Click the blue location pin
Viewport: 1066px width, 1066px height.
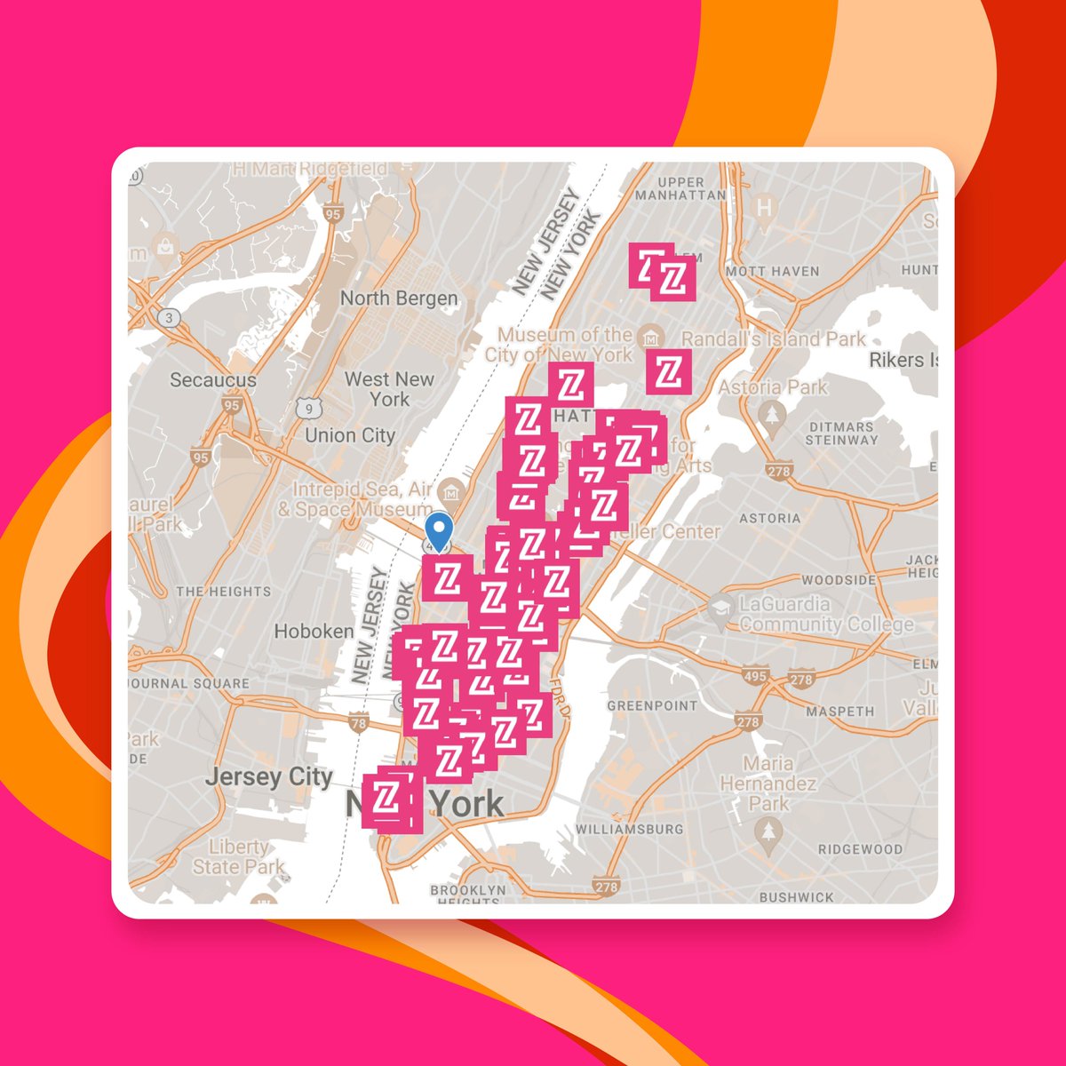click(x=438, y=530)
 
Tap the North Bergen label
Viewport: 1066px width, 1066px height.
click(x=399, y=298)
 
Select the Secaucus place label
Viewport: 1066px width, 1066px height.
click(x=213, y=380)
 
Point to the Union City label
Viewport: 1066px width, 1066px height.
click(x=350, y=435)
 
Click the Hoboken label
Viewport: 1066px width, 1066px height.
click(x=314, y=632)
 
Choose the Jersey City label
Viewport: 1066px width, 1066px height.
click(x=268, y=778)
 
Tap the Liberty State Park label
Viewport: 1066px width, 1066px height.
click(x=238, y=857)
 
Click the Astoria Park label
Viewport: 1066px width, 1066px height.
click(x=773, y=387)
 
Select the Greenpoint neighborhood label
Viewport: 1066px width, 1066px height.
click(x=652, y=705)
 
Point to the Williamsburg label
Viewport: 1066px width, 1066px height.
click(x=630, y=829)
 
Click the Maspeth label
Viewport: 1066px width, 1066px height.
click(x=839, y=712)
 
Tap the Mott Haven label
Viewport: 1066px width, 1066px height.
click(x=772, y=271)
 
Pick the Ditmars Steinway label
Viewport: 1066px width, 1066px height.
click(x=842, y=434)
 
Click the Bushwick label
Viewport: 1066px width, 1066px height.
click(x=796, y=897)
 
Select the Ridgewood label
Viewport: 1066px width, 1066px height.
click(x=860, y=849)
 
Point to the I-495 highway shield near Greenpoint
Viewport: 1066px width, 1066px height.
click(x=755, y=677)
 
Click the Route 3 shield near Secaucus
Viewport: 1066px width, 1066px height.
click(x=166, y=317)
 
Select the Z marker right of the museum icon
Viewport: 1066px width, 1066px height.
click(x=669, y=371)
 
